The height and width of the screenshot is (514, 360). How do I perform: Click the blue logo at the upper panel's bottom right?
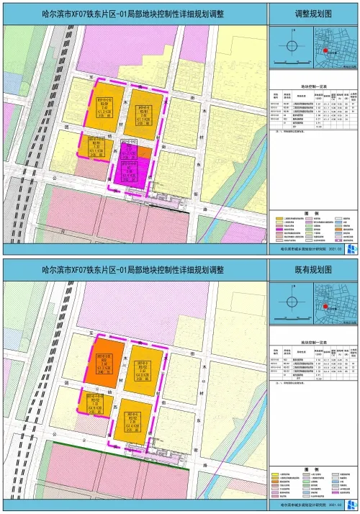(351, 249)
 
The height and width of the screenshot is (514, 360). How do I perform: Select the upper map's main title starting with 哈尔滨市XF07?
(133, 14)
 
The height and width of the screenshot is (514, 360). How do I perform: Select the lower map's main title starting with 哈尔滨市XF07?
(133, 269)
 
